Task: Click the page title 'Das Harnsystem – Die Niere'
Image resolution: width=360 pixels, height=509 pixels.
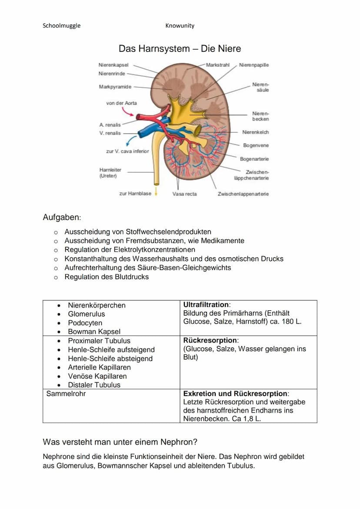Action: click(x=180, y=49)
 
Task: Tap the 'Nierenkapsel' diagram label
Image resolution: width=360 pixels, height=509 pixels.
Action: click(x=113, y=65)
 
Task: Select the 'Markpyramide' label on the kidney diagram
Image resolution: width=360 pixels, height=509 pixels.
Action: click(x=115, y=87)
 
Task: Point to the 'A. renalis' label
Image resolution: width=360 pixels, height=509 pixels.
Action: click(x=110, y=125)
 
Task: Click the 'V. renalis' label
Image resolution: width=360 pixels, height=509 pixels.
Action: click(x=110, y=133)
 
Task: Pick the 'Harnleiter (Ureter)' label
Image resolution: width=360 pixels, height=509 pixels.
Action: click(x=110, y=173)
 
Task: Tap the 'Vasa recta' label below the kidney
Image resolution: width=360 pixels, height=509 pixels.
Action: click(x=184, y=194)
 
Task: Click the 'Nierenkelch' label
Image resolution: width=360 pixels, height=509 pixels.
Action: click(x=255, y=132)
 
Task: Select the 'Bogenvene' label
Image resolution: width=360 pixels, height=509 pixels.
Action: click(x=256, y=145)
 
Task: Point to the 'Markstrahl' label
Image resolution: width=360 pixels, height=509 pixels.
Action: click(x=217, y=65)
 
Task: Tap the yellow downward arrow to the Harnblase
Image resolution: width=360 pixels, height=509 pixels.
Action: click(x=156, y=193)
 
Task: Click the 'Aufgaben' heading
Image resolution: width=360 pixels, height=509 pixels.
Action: click(x=62, y=217)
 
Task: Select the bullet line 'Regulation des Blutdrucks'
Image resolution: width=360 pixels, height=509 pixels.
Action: click(x=107, y=277)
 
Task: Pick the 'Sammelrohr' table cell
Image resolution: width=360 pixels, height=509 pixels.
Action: click(x=66, y=394)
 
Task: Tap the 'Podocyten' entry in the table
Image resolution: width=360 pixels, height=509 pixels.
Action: click(x=85, y=323)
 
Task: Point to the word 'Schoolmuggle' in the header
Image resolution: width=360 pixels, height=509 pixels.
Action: click(x=61, y=26)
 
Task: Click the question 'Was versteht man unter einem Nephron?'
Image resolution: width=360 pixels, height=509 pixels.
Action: click(x=120, y=442)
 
